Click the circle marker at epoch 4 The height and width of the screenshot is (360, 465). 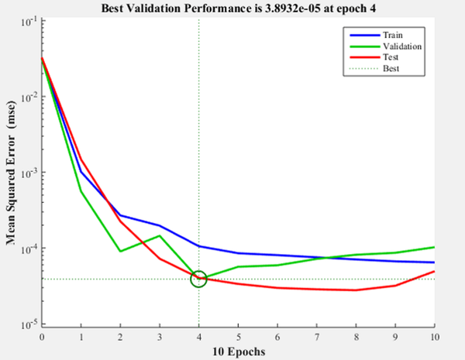198,279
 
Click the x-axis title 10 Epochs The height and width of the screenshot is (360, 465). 237,351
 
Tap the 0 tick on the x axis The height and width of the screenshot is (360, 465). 41,337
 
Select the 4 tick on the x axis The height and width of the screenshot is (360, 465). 198,337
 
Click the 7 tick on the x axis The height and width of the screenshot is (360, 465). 316,337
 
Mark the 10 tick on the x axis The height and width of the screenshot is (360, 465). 434,337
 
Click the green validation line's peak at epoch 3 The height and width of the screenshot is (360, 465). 159,235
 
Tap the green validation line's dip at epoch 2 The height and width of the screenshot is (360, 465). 120,251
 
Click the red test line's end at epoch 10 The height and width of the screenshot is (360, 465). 433,272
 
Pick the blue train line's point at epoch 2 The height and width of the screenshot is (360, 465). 120,215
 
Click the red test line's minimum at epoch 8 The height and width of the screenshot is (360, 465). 356,290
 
